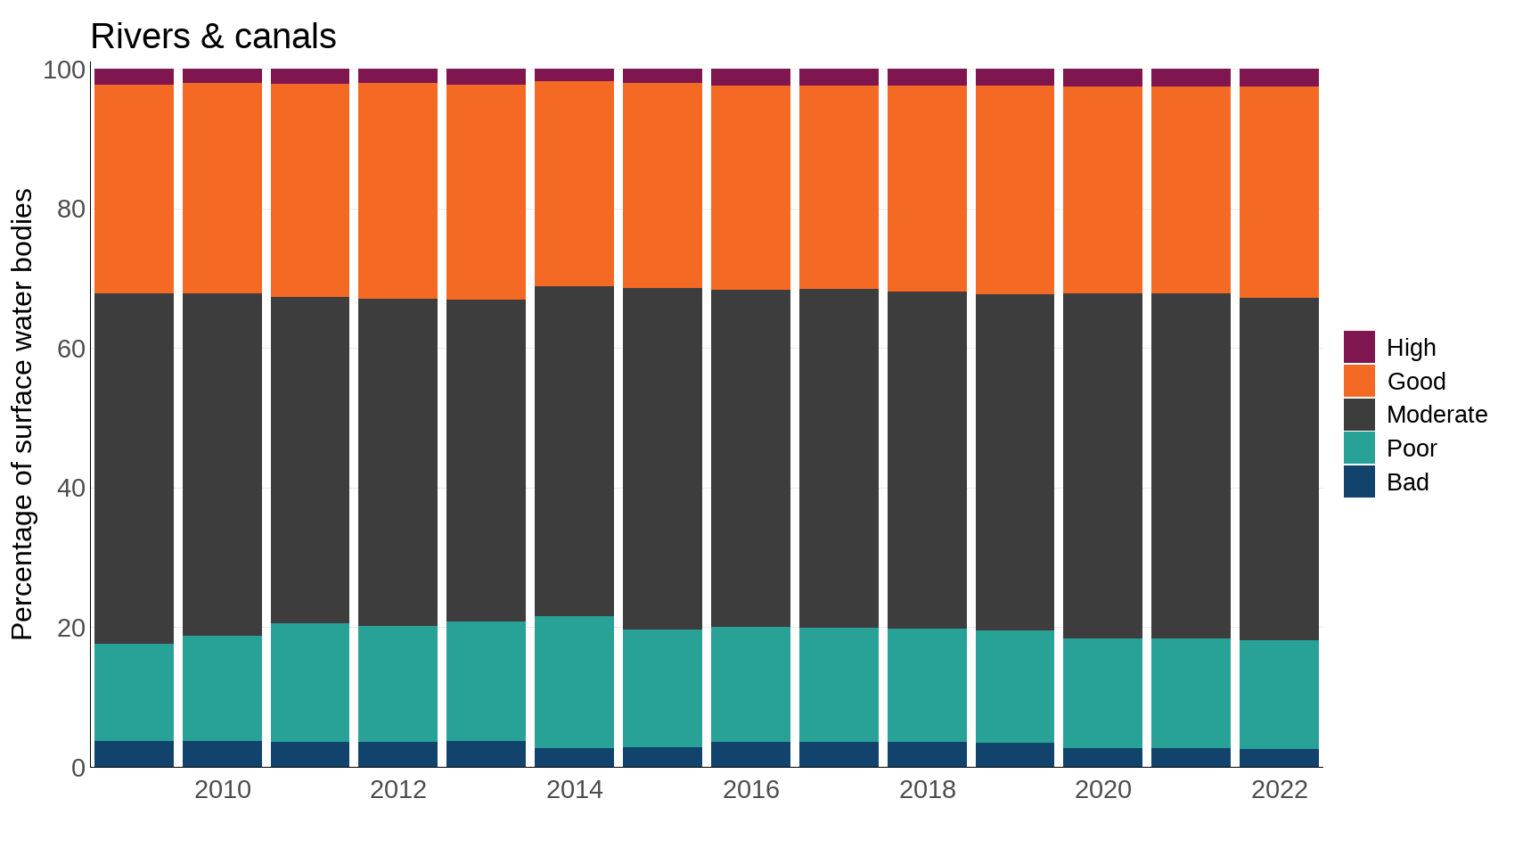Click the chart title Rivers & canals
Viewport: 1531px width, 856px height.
[x=213, y=37]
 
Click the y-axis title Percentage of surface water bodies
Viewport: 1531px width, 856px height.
[x=21, y=415]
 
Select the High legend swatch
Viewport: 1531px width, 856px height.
[x=1359, y=347]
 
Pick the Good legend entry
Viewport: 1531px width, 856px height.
[x=1416, y=381]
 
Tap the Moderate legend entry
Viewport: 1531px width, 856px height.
[x=1437, y=415]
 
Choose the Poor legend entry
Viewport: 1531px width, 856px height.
[x=1412, y=449]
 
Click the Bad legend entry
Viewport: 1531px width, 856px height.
[x=1407, y=482]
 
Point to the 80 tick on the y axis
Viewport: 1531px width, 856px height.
[x=71, y=210]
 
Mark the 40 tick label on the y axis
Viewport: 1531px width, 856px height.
[x=71, y=489]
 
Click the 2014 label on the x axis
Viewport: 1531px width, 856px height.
[x=574, y=790]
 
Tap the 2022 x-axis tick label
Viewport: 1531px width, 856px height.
[x=1279, y=790]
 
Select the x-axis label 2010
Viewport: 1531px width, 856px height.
[x=222, y=790]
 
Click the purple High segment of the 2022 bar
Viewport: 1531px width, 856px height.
[x=1279, y=78]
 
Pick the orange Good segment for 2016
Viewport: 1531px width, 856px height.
[x=750, y=187]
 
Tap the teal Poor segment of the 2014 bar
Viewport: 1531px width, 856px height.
[x=574, y=682]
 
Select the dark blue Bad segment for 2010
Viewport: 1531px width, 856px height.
[x=222, y=753]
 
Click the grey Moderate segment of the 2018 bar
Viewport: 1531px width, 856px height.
[x=927, y=460]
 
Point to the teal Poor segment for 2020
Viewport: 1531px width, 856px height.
[x=1102, y=693]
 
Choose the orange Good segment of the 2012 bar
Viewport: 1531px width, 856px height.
[x=397, y=191]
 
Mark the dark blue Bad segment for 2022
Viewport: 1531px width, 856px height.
[x=1279, y=758]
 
